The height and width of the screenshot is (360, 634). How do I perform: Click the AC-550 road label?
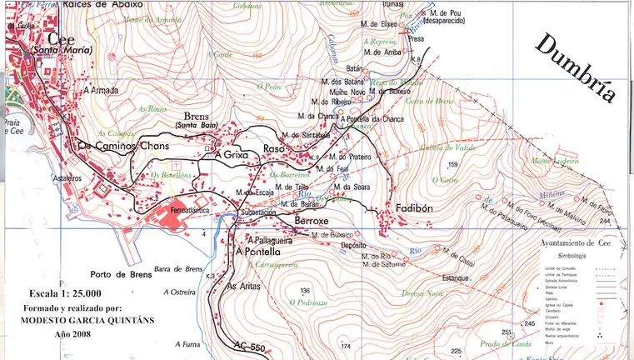[250, 345]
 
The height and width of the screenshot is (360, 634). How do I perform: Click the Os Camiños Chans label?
[122, 147]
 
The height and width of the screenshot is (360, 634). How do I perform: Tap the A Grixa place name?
[232, 154]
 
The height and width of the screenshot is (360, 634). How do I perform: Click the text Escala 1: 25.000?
[65, 293]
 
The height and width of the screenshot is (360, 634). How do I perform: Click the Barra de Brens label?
[179, 268]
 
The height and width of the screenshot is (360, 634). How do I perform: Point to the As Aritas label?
[244, 286]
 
